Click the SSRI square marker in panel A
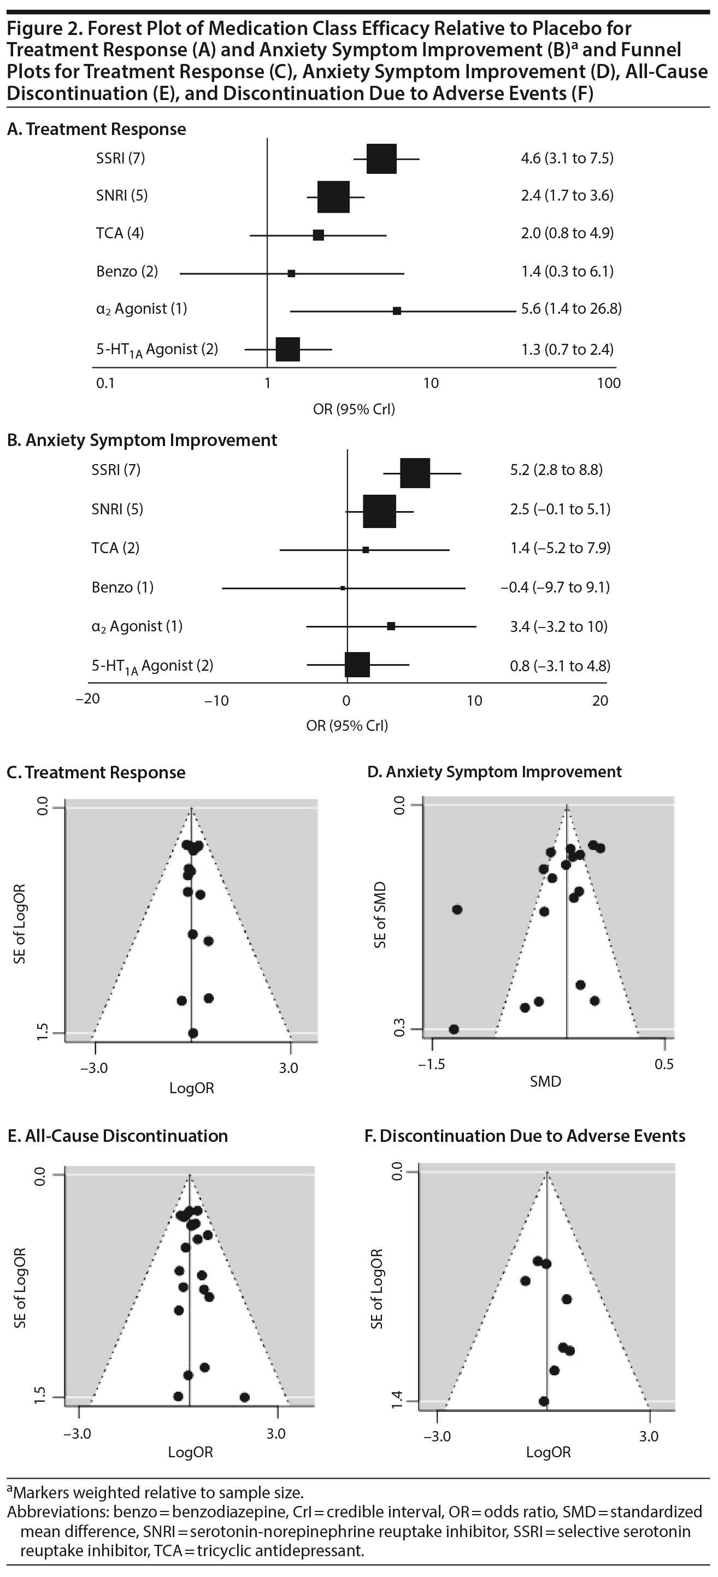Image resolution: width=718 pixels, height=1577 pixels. click(x=381, y=159)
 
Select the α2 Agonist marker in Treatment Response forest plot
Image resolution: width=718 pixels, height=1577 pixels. click(x=397, y=311)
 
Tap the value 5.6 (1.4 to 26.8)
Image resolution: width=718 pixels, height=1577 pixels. click(x=571, y=308)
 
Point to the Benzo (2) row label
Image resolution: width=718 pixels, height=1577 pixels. click(x=127, y=271)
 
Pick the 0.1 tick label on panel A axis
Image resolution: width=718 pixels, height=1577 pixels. click(x=105, y=383)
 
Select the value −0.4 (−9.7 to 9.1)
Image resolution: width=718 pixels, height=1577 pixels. click(x=555, y=588)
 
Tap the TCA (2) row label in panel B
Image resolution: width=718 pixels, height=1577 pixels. click(x=115, y=548)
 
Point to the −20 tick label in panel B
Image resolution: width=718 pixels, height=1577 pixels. click(x=87, y=699)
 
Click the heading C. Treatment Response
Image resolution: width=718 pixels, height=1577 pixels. click(x=96, y=772)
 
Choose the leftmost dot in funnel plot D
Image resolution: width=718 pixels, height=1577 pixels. click(x=454, y=1029)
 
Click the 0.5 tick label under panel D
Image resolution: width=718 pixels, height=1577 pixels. click(x=664, y=1064)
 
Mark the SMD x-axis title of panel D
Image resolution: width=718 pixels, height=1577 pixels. click(x=545, y=1081)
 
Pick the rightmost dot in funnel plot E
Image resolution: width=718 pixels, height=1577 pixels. click(x=244, y=1397)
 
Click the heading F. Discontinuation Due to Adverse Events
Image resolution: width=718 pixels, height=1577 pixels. click(x=525, y=1136)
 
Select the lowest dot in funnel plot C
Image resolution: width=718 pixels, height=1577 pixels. click(x=193, y=1033)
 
